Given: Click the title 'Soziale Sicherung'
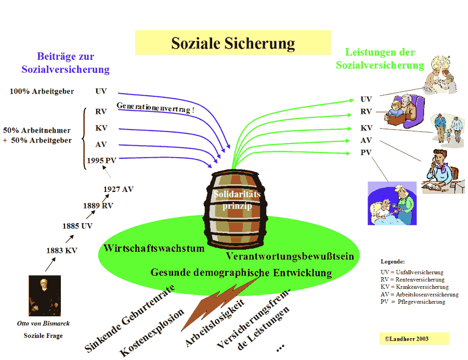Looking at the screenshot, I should coord(232,43).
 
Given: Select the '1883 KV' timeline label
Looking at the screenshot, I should coord(61,251).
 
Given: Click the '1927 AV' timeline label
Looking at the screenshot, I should coord(118,189).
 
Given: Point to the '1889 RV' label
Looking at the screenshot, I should coord(98,205).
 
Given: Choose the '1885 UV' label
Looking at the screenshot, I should coord(77,226).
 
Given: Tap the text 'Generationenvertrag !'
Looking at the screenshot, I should coord(155,108).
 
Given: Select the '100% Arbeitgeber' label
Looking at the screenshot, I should coord(42,92).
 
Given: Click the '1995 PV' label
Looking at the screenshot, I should coord(101,161).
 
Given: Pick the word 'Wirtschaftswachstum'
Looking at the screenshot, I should coord(154,248).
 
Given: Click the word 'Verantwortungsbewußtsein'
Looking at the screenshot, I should coord(290,256).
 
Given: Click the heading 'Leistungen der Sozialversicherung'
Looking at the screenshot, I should coord(380,59).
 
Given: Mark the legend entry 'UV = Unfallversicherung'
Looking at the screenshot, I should coord(411,272).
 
